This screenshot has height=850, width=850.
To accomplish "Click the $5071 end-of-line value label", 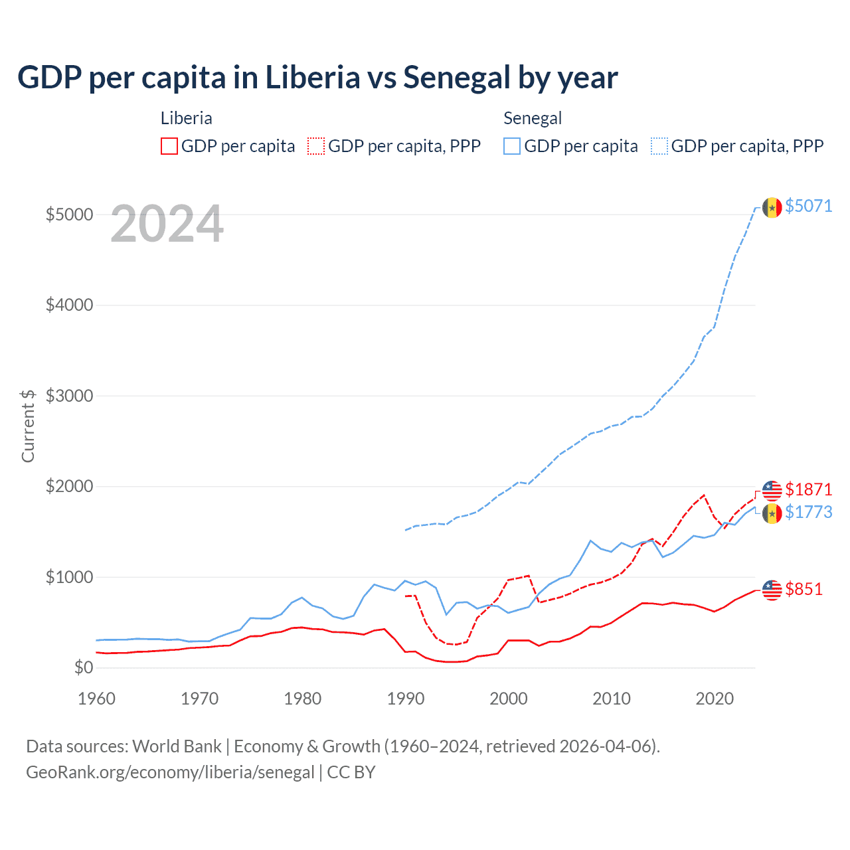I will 808,206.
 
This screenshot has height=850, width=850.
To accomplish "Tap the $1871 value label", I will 808,489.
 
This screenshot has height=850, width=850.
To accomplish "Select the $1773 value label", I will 808,512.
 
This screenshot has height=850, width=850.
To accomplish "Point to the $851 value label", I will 804,589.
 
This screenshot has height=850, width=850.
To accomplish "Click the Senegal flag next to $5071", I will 772,207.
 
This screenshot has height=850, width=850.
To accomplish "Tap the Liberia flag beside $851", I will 772,590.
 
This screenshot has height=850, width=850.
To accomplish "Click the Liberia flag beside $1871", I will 772,491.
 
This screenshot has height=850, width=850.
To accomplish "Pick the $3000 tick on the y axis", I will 69,396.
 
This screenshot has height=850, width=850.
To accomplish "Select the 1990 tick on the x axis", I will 406,699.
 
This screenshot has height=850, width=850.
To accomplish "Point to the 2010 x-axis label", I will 612,699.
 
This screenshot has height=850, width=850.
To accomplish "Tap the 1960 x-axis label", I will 97,699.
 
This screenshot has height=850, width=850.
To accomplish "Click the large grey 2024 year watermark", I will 167,224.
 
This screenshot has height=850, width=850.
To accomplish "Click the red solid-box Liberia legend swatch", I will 169,146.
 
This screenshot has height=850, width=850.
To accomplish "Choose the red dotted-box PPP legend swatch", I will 317,146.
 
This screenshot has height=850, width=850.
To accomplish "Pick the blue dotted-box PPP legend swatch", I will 659,146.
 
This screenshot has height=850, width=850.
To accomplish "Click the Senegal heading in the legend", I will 533,118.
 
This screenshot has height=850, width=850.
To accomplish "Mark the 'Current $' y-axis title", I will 28,426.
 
